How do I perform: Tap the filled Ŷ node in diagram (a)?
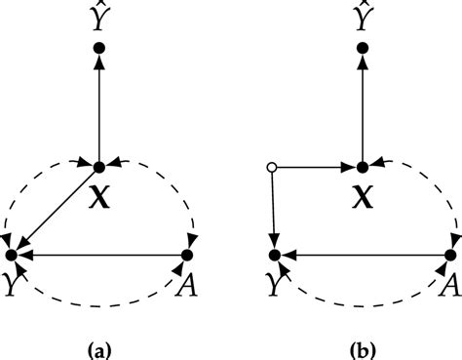[x=99, y=47]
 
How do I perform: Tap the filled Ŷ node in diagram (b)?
[x=363, y=47]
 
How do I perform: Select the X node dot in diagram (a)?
[x=99, y=165]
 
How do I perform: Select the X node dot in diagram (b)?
[x=363, y=169]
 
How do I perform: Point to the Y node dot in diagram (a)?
[x=12, y=255]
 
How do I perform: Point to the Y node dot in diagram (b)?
[x=275, y=256]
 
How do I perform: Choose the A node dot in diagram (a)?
[x=187, y=256]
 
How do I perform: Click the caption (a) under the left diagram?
[x=98, y=344]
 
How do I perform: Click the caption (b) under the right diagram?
[x=363, y=344]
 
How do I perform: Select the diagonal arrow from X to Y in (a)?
[x=57, y=209]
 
